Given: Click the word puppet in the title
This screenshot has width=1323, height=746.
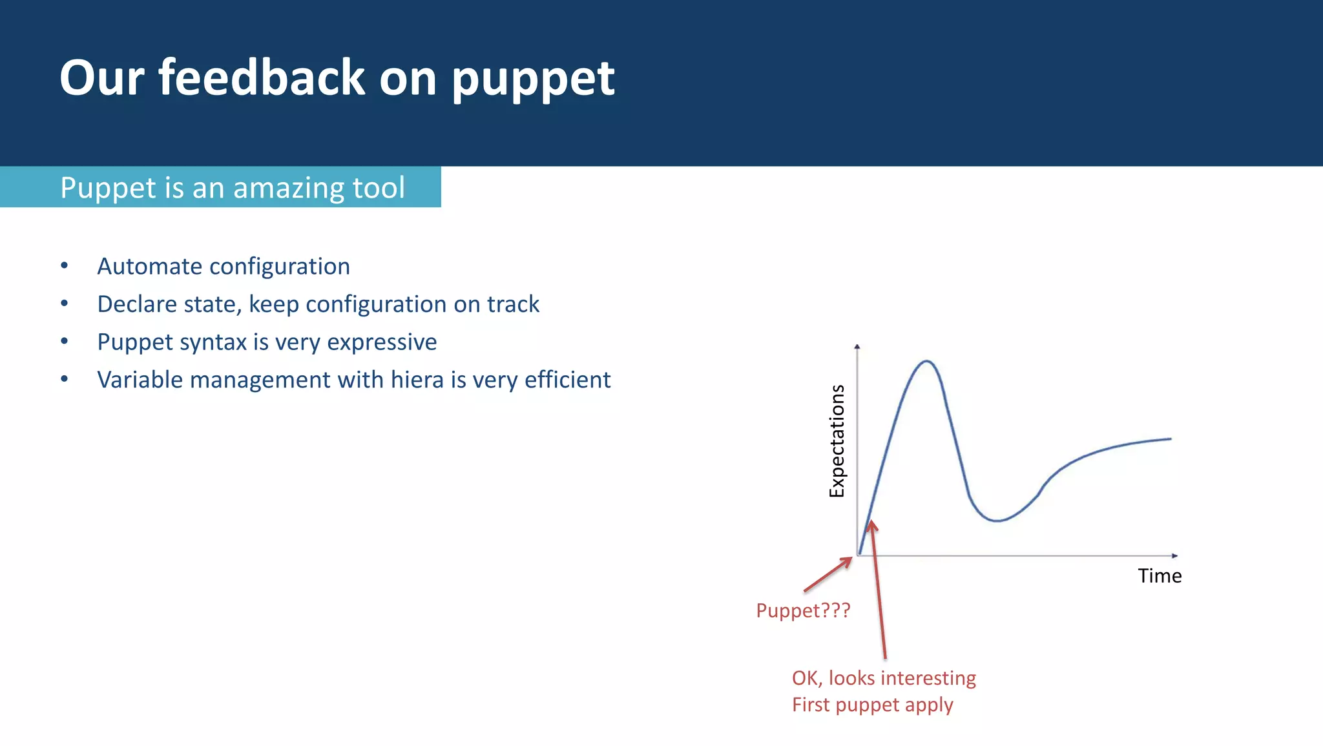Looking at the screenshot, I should [x=533, y=79].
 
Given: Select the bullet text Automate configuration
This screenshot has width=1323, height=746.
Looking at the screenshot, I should [x=224, y=266].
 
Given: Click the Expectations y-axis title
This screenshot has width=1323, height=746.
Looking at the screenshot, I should [x=837, y=441].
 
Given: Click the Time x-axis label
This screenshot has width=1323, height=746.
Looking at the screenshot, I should [x=1160, y=575].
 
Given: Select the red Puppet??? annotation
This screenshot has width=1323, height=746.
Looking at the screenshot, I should [x=803, y=610].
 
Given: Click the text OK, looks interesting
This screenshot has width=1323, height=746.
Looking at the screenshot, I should [x=884, y=678].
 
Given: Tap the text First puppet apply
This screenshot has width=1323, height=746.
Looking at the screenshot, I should [x=872, y=705].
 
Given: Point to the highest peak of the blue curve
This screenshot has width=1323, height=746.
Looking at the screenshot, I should [x=926, y=361].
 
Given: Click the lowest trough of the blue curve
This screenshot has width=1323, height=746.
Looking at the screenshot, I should [x=997, y=521].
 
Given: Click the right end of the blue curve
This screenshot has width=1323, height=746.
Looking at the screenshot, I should [x=1170, y=439].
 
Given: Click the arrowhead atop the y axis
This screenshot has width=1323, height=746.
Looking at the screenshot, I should [x=857, y=347].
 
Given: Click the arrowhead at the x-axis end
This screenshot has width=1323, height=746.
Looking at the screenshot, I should [x=1174, y=555].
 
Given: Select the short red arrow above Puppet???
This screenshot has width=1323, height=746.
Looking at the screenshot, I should [x=828, y=574].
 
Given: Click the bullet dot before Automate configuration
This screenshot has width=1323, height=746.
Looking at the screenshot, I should [x=65, y=265].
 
